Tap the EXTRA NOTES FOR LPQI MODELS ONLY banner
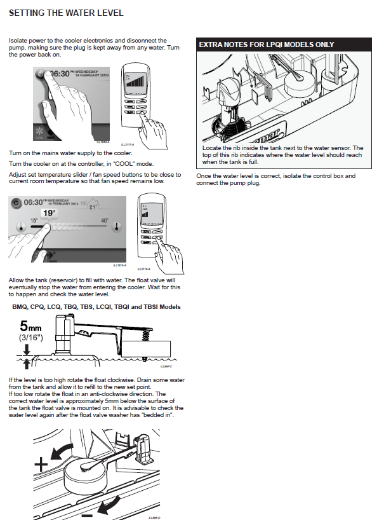click(x=267, y=45)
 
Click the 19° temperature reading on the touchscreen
click(x=50, y=213)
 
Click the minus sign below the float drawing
click(x=88, y=513)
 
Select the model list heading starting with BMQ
click(x=96, y=307)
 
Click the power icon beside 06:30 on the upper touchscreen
click(x=41, y=74)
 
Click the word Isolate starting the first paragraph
click(x=18, y=40)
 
